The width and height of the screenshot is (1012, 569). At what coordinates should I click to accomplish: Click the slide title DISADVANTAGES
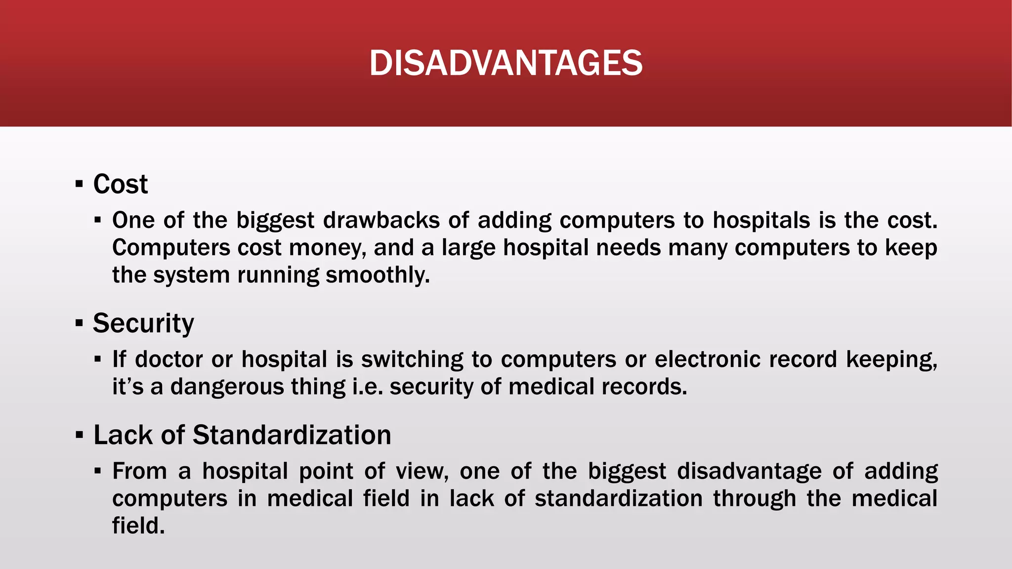point(506,63)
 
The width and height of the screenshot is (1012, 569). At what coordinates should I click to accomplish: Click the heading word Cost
point(120,184)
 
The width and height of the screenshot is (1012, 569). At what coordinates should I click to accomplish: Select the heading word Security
point(143,324)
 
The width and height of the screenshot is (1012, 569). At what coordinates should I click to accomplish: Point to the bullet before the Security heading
point(79,324)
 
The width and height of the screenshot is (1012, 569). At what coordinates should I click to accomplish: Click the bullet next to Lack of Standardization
point(79,436)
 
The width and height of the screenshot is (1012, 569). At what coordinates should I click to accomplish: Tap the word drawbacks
point(381,220)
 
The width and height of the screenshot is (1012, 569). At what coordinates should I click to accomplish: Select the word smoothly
point(378,275)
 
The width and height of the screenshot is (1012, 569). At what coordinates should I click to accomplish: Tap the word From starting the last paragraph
point(139,471)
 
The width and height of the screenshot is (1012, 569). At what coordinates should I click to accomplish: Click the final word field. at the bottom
point(138,526)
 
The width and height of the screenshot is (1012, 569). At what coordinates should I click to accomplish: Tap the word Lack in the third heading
point(123,435)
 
